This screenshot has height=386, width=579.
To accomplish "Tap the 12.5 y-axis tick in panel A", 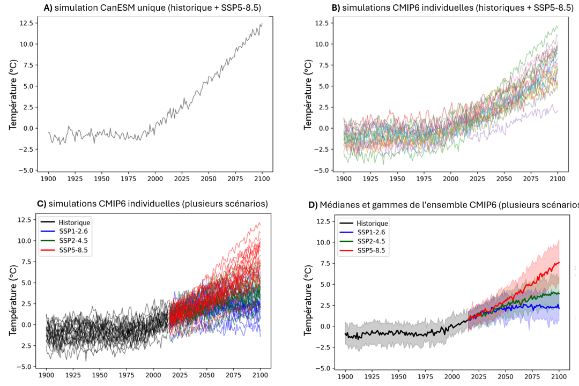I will tap(26, 23).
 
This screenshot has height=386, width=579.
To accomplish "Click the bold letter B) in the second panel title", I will tap(336, 8).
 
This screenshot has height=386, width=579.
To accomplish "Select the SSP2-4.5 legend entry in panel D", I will tap(370, 241).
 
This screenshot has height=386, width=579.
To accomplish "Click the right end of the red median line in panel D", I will tap(559, 262).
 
